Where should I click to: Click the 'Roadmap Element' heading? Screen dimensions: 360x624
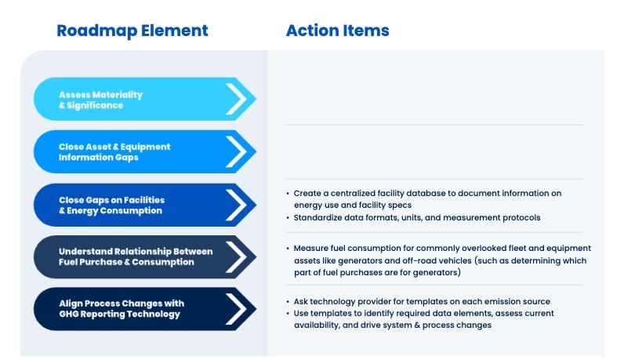(x=132, y=31)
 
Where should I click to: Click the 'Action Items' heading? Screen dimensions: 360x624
(x=337, y=31)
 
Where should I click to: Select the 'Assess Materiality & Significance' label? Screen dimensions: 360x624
(x=100, y=100)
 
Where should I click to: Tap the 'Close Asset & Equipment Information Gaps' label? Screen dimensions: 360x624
(x=114, y=151)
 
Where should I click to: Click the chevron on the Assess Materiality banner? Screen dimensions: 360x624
(x=236, y=100)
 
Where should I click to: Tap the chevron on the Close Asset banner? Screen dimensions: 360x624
(x=236, y=151)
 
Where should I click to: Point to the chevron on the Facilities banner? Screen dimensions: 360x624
(x=236, y=205)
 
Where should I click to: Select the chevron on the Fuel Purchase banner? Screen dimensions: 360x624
(x=236, y=256)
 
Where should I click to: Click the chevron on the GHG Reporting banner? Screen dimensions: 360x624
(x=236, y=308)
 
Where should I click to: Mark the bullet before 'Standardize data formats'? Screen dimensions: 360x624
(x=287, y=217)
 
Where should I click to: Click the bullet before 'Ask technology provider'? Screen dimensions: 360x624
(x=287, y=302)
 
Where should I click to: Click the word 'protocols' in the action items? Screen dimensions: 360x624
(x=517, y=217)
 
